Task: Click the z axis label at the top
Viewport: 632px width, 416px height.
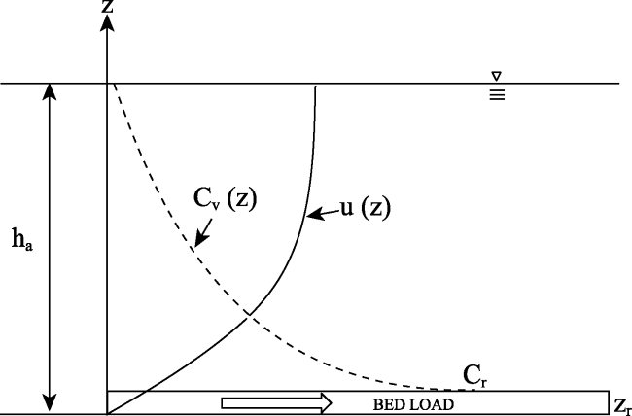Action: point(107,6)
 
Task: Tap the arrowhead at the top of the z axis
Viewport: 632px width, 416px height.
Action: point(107,23)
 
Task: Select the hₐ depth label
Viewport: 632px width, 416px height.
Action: point(21,239)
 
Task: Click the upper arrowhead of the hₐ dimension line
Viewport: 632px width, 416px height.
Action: point(50,92)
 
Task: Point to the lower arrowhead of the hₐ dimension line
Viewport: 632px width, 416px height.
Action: point(50,404)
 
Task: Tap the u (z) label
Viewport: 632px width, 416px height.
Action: point(366,208)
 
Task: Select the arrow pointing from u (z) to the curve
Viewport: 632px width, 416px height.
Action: point(323,214)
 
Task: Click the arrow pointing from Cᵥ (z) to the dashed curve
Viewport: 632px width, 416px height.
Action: point(204,232)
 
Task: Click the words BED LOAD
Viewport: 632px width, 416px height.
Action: point(413,404)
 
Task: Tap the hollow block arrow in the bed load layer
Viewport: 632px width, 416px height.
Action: point(276,403)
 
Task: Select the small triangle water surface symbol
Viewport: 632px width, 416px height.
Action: point(497,76)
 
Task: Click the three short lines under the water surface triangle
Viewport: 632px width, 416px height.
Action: point(497,94)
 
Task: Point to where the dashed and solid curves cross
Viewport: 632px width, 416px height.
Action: point(250,315)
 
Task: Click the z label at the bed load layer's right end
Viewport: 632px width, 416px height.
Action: point(622,406)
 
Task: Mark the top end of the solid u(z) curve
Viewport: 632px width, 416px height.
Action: point(316,86)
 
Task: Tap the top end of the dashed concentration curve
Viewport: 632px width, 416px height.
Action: point(114,85)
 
